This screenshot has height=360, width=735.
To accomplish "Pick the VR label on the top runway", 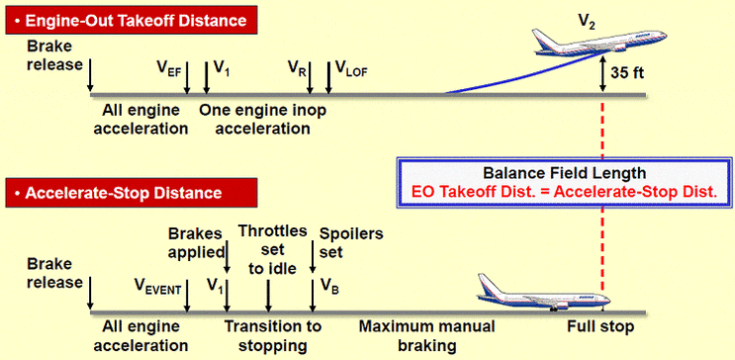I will pyautogui.click(x=296, y=70).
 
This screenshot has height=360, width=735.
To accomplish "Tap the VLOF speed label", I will pyautogui.click(x=351, y=70).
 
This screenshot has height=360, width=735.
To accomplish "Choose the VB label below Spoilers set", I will pyautogui.click(x=329, y=286).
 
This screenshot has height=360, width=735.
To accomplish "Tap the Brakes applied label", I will pyautogui.click(x=198, y=241).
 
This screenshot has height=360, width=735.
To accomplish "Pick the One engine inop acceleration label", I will pyautogui.click(x=262, y=119).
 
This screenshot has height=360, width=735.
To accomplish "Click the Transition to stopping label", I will pyautogui.click(x=273, y=335).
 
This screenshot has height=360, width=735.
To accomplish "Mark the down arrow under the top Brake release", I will pyautogui.click(x=90, y=74).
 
